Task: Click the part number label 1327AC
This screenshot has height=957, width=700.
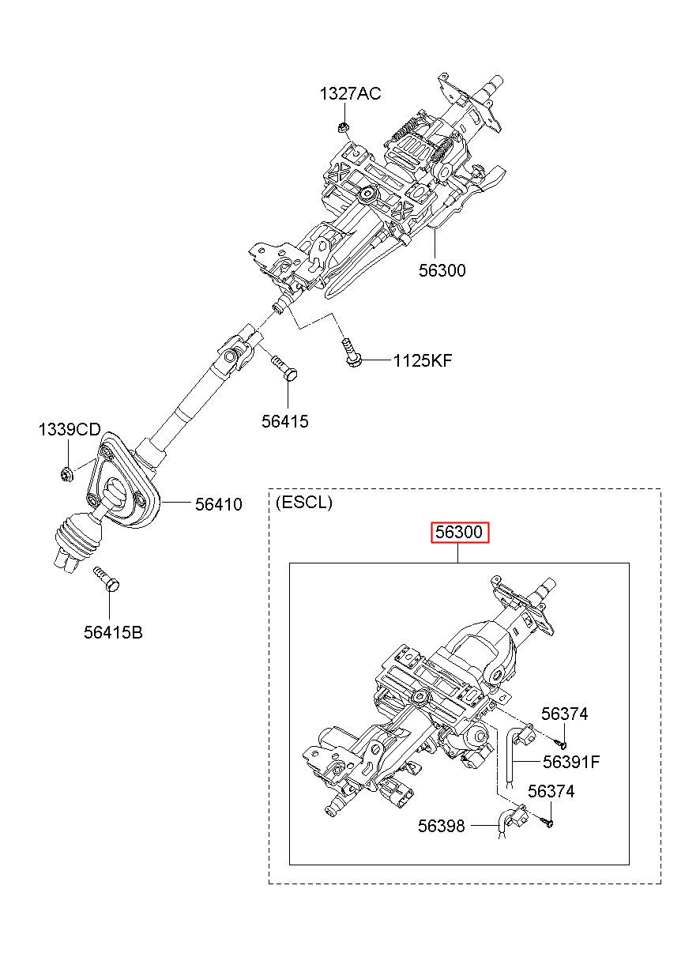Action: (x=350, y=93)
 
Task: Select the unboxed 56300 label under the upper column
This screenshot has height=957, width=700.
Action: (x=442, y=270)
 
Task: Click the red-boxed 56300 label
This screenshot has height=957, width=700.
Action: (x=459, y=533)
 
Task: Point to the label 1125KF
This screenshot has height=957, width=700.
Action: (x=422, y=361)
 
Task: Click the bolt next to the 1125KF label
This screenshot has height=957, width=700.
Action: (x=352, y=353)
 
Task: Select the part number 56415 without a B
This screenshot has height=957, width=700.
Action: (x=285, y=422)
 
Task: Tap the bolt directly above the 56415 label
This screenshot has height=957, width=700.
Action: (x=284, y=367)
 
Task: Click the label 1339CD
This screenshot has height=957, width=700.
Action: (x=70, y=429)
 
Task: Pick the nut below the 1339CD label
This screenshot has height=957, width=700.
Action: (x=66, y=474)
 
